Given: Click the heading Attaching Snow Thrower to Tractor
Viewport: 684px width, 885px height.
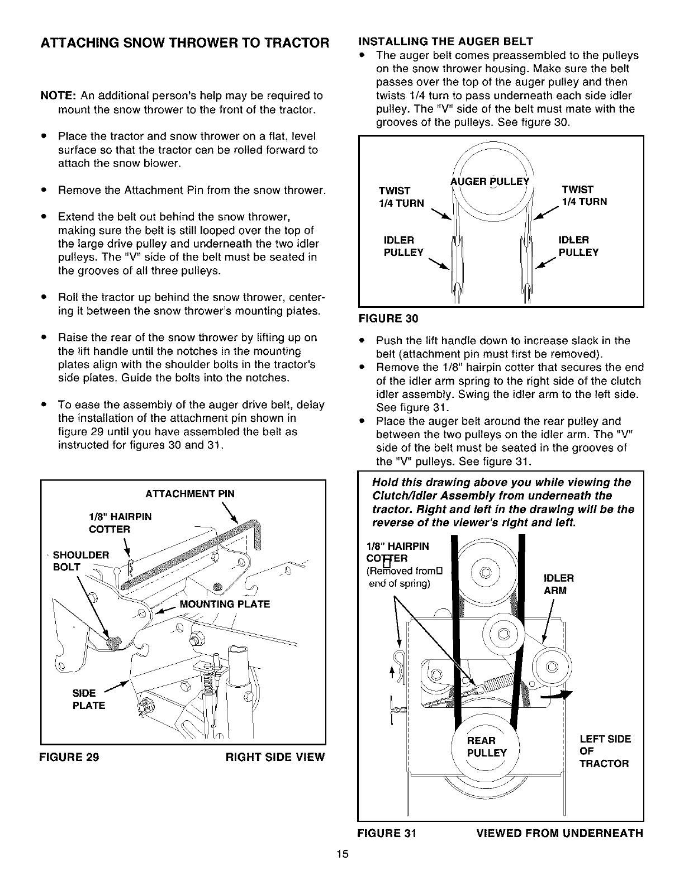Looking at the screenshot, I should point(184,43).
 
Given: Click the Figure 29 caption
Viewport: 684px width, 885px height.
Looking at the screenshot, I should point(69,758).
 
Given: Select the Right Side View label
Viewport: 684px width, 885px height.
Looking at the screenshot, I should point(274,758).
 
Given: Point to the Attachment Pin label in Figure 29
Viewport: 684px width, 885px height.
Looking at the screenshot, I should point(190,494).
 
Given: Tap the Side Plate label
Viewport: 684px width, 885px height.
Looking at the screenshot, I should point(89,699).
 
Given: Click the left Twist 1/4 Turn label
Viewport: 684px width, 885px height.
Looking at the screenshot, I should point(401,196).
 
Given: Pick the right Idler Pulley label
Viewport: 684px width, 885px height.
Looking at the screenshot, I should point(578,246).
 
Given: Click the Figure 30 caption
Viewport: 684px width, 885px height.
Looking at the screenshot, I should point(388,318).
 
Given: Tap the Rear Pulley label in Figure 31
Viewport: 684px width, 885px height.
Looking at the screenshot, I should point(486,746).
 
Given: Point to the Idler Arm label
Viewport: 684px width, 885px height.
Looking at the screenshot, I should point(558,584).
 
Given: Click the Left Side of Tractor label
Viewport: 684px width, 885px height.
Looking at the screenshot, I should point(605,751).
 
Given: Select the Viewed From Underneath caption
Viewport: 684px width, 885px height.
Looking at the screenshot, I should point(559,834).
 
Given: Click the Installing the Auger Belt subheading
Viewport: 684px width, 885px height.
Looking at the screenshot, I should point(445,41).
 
